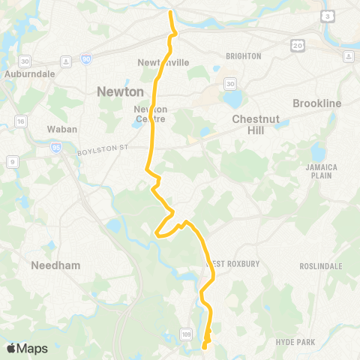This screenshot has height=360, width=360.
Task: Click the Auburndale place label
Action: pyautogui.click(x=26, y=74)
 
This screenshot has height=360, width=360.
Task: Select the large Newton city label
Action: pyautogui.click(x=120, y=91)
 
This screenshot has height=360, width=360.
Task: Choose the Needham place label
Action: pyautogui.click(x=51, y=265)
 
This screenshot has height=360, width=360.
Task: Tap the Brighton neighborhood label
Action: pyautogui.click(x=243, y=56)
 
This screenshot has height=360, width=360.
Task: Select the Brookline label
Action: pyautogui.click(x=317, y=103)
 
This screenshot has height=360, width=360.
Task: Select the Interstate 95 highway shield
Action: pyautogui.click(x=56, y=147)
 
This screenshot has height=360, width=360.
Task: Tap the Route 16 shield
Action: pyautogui.click(x=20, y=120)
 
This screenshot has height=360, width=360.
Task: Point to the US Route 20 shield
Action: pyautogui.click(x=298, y=46)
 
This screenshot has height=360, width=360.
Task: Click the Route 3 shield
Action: pyautogui.click(x=328, y=16)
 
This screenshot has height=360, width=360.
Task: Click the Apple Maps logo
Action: pyautogui.click(x=27, y=347)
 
